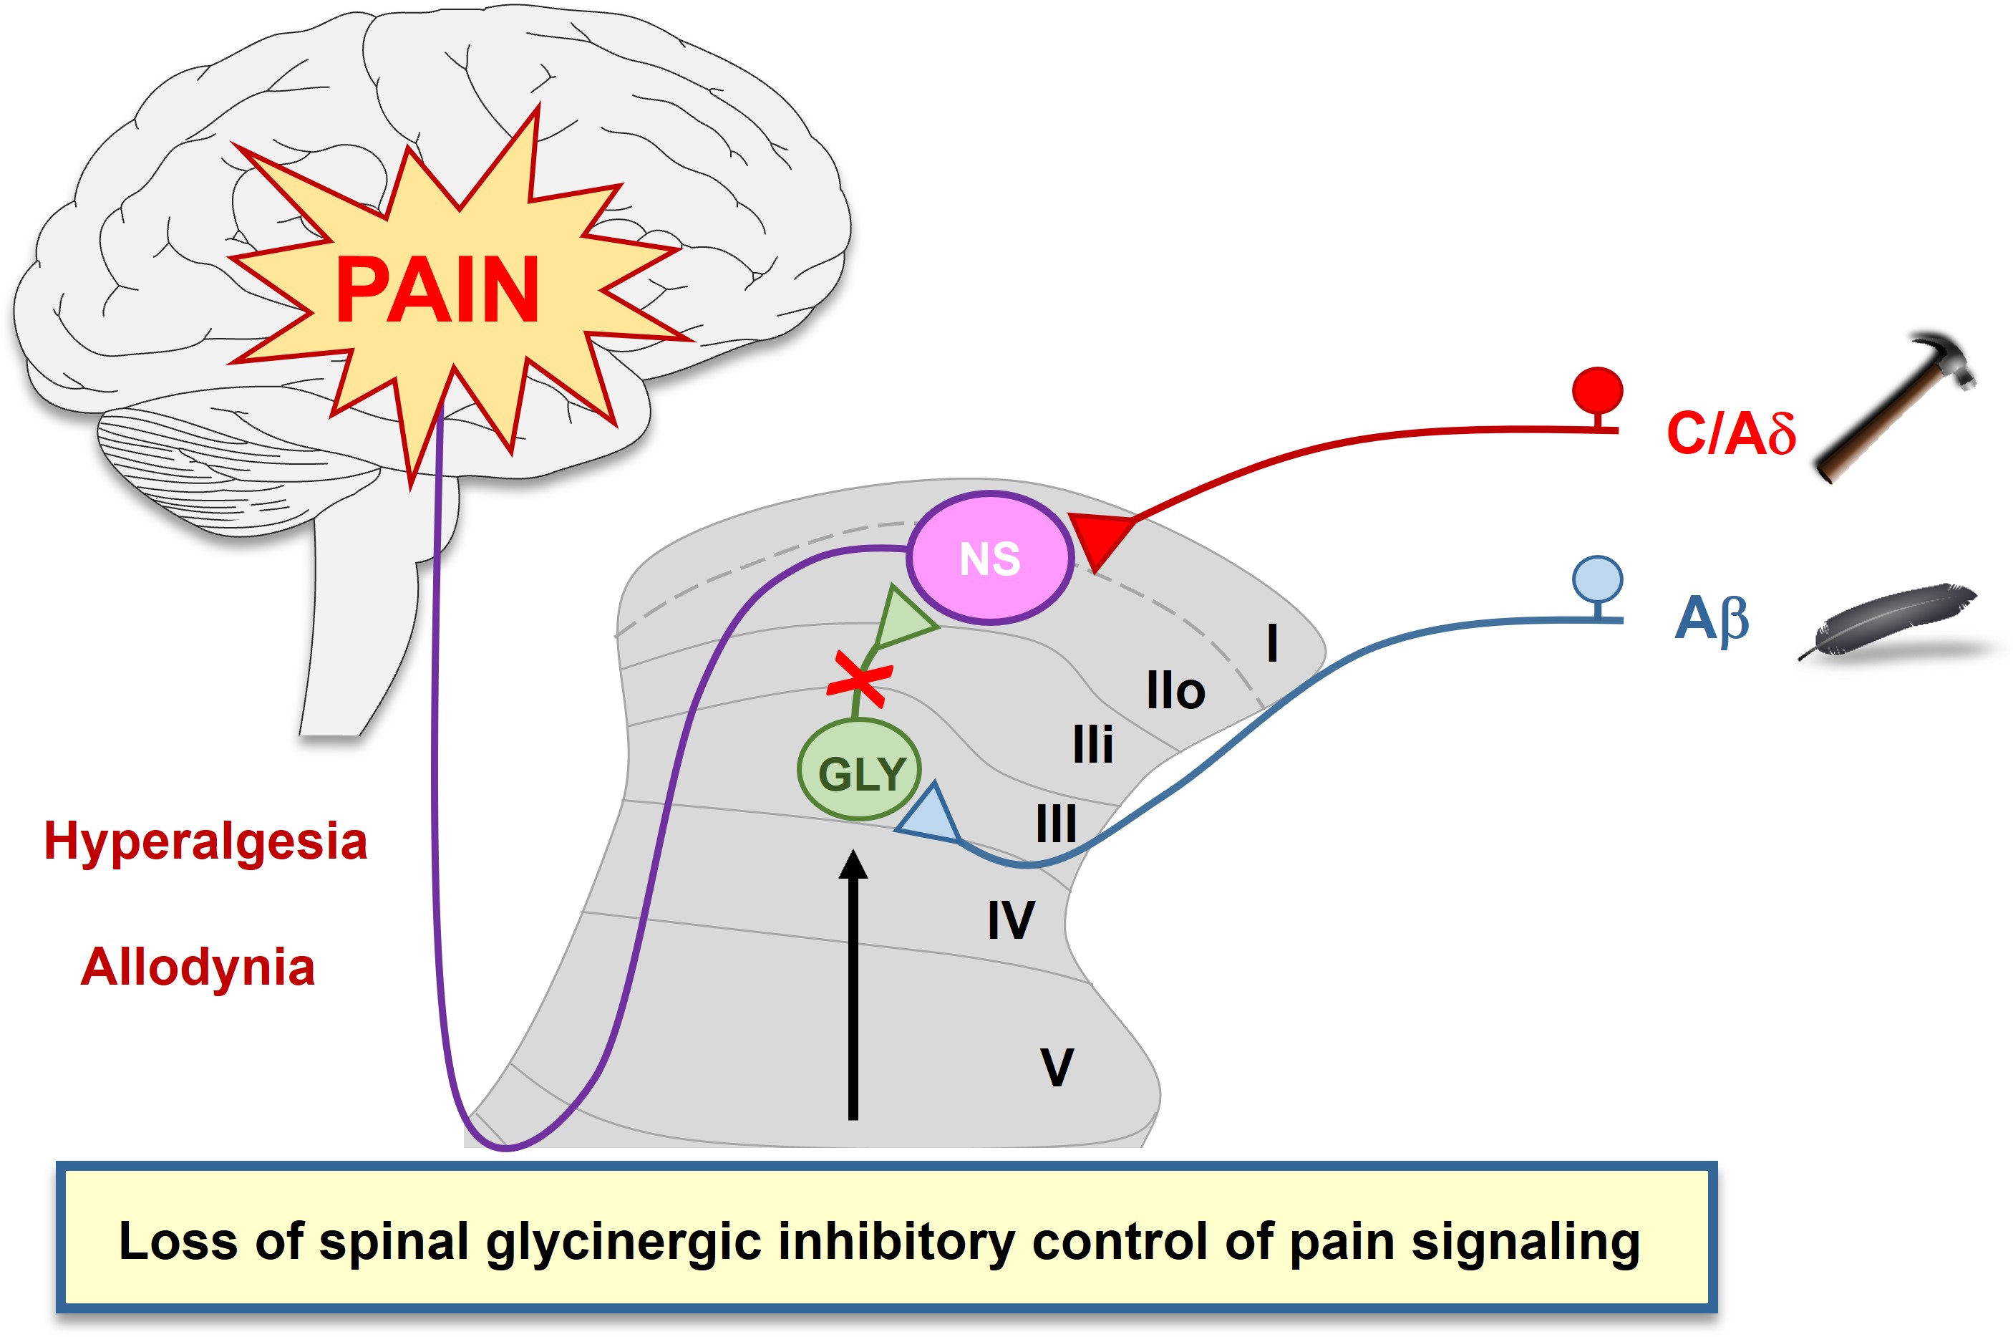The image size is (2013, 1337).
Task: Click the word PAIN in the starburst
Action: [437, 291]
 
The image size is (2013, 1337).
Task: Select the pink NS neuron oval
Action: [989, 559]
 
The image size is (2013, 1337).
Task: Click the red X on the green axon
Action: [860, 680]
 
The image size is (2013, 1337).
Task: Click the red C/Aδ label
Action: [1730, 433]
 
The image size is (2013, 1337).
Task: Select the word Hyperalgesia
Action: [205, 841]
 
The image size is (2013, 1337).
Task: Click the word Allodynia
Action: [198, 967]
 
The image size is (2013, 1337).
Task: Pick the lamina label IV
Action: [1011, 920]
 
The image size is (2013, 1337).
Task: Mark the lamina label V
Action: [1057, 1067]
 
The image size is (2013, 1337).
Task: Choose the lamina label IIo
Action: [1175, 690]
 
